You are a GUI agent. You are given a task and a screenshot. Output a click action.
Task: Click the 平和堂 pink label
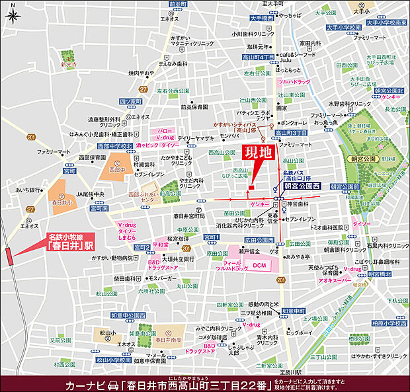(x=161, y=243)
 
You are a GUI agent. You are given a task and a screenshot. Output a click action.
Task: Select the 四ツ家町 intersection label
(x=132, y=102)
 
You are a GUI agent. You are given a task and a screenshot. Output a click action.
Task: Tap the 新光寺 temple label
(x=67, y=66)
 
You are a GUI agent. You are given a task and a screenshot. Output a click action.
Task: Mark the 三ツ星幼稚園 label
(x=251, y=313)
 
